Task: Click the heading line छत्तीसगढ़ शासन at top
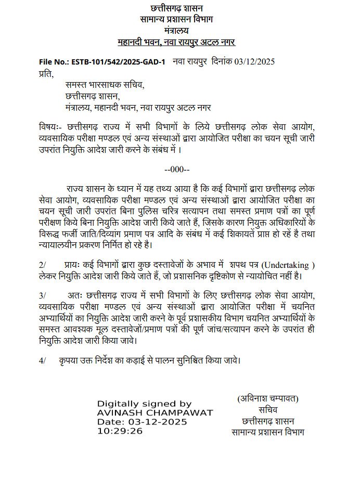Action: [x=177, y=8]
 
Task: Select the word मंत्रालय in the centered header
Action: [x=177, y=30]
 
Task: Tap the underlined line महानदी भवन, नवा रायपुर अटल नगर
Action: [x=177, y=42]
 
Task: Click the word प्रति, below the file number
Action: [x=46, y=73]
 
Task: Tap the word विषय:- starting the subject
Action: [x=50, y=128]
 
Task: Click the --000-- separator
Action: [x=177, y=169]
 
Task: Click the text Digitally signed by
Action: [x=145, y=404]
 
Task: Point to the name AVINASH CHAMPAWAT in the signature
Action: [x=155, y=412]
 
